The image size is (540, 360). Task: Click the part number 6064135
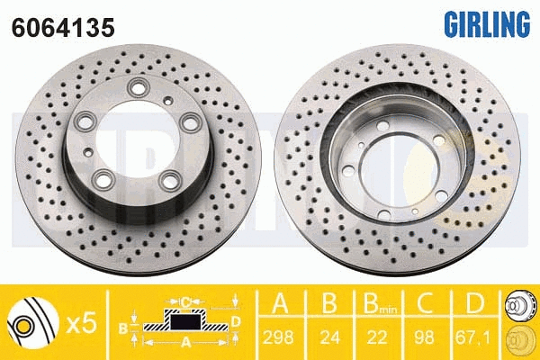point(63,28)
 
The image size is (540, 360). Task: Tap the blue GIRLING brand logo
point(487,23)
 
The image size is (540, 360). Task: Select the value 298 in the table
point(278,337)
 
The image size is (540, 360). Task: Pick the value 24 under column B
point(329,337)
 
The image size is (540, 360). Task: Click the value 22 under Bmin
point(377,337)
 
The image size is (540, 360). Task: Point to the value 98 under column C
point(424,337)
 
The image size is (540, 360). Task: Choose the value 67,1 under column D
point(472,337)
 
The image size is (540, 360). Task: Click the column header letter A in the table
point(280,303)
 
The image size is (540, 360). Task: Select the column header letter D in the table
point(474,303)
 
